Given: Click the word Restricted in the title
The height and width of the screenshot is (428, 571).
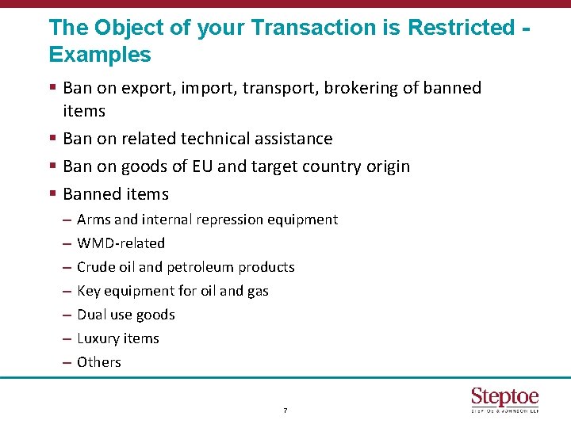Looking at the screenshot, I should [x=461, y=27].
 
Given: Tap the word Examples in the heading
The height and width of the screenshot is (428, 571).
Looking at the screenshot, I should [x=99, y=55].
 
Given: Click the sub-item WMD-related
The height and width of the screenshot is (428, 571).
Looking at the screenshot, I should [x=121, y=243].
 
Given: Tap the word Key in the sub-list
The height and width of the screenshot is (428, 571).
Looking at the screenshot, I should [x=88, y=291].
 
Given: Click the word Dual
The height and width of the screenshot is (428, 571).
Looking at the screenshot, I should [x=91, y=315].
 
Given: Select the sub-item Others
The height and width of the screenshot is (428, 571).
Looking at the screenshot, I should [x=99, y=362].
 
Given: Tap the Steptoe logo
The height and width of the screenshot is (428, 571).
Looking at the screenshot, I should [x=504, y=399].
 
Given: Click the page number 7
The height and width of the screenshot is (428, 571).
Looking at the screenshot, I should [x=285, y=411].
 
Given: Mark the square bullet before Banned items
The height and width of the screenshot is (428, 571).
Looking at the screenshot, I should [x=52, y=194].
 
